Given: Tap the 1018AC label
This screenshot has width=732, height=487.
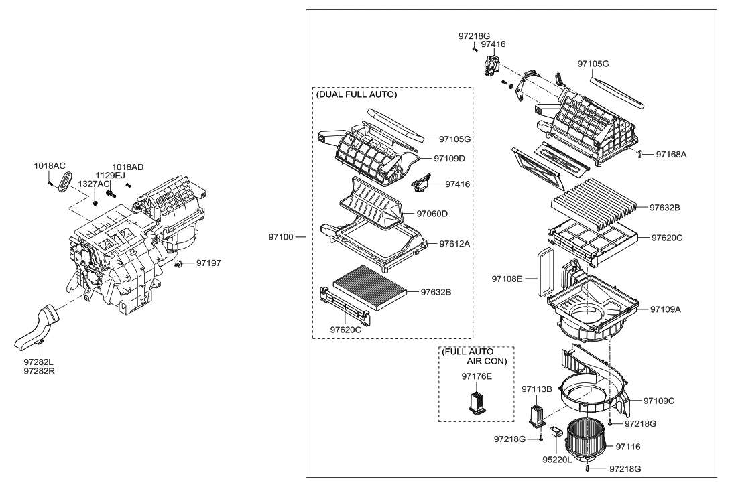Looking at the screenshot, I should tap(50, 165).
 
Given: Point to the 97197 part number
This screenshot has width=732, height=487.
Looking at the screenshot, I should tap(208, 263).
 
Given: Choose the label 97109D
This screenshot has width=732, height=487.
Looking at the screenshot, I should tap(448, 159).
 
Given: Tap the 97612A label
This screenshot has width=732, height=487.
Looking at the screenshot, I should tap(453, 243).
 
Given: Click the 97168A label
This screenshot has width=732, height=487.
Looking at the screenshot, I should tap(671, 154).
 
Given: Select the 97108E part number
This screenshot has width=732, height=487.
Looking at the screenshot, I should tap(507, 277).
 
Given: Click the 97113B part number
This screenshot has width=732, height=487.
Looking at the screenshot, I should tap(536, 389).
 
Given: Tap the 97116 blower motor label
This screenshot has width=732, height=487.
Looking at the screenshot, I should tap(628, 446).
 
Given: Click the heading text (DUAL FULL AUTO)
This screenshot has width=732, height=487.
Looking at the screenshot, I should tap(355, 95).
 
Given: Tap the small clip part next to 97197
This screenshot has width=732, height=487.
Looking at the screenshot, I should tap(180, 265).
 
